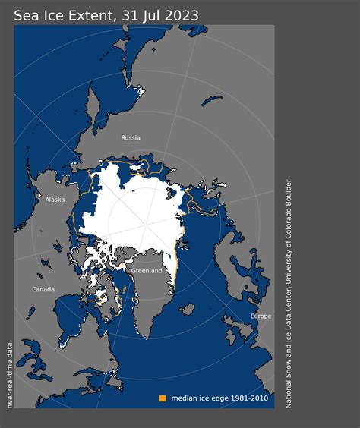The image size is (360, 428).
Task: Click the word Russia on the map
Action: tap(131, 138)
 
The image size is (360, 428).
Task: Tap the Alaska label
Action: tap(55, 200)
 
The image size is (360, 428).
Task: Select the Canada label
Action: tap(43, 289)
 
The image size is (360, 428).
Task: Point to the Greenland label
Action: tap(147, 270)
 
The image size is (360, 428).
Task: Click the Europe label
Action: tap(261, 316)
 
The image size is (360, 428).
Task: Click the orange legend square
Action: tap(162, 398)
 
